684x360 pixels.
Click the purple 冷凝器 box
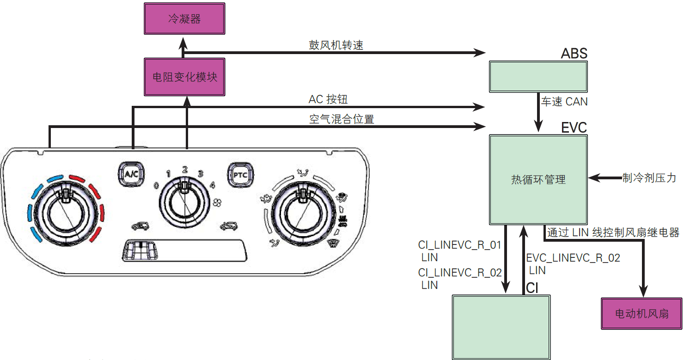pos(184,19)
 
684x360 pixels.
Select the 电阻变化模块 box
pos(184,77)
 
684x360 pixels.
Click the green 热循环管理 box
pos(538,179)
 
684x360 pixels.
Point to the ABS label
pos(574,54)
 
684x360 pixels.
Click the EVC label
pos(574,127)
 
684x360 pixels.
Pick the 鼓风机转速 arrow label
pos(336,45)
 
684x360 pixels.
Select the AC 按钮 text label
pos(328,100)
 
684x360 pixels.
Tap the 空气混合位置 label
pos(341,119)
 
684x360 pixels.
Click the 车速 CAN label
pos(564,102)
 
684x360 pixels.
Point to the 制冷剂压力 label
pos(649,177)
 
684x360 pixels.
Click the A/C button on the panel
pos(128,173)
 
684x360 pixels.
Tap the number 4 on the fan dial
pos(212,186)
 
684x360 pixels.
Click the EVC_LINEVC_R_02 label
pos(573,258)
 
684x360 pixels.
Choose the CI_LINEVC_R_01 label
pos(459,245)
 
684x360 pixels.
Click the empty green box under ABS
pos(538,76)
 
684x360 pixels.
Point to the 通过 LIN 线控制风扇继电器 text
pos(613,232)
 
